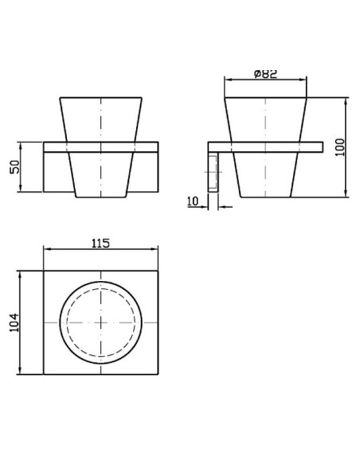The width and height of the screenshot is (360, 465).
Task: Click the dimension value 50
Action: pyautogui.click(x=14, y=166)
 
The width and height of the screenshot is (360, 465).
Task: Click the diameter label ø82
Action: pyautogui.click(x=266, y=73)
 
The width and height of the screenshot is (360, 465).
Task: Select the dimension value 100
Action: pyautogui.click(x=340, y=147)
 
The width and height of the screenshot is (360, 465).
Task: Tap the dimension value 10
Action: pyautogui.click(x=193, y=201)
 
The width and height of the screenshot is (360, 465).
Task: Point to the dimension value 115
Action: pyautogui.click(x=100, y=243)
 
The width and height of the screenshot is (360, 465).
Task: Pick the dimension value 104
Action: pyautogui.click(x=14, y=322)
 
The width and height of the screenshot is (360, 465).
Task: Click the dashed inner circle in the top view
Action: pyautogui.click(x=101, y=287)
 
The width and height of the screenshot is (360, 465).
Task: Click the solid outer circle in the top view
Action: pyautogui.click(x=101, y=282)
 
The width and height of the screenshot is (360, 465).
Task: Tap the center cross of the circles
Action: pyautogui.click(x=101, y=322)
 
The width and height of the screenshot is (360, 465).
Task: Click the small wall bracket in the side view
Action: pyautogui.click(x=213, y=173)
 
